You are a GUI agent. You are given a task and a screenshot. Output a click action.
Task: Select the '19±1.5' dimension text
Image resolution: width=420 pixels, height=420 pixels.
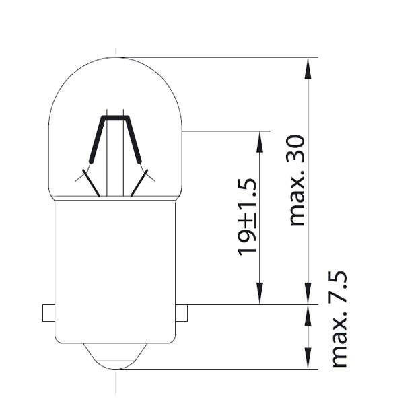point(248,217)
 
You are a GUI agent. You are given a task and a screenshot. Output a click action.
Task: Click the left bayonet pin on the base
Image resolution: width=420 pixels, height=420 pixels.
point(48,313)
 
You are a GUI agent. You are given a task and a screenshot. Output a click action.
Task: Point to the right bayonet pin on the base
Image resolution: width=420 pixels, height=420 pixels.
point(180,313)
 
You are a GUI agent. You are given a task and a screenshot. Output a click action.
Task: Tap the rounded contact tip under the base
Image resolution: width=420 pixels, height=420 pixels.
point(114,357)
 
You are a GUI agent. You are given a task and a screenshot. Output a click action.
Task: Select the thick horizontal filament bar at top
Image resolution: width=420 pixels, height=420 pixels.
point(115,118)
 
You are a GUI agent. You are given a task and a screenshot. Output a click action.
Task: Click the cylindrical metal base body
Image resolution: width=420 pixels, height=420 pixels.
point(114,269)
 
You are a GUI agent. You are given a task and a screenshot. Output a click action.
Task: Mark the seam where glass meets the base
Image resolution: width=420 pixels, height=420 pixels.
point(114,199)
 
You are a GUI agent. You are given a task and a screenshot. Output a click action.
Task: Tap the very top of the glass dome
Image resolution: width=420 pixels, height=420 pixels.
point(115,58)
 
